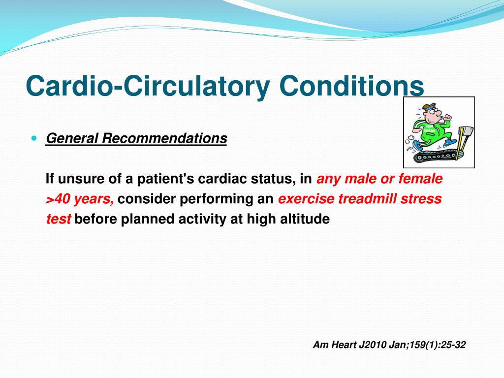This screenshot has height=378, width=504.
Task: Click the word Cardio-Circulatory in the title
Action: (x=148, y=86)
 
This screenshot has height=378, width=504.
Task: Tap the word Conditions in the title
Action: (x=351, y=86)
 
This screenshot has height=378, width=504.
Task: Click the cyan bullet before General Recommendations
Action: (x=35, y=138)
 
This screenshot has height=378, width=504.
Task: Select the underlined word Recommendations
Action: (x=164, y=138)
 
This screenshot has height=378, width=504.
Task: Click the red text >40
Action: (x=58, y=199)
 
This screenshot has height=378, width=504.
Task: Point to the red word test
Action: (x=58, y=219)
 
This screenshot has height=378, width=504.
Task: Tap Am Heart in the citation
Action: (x=334, y=345)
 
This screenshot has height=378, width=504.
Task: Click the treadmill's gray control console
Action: (x=468, y=132)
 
